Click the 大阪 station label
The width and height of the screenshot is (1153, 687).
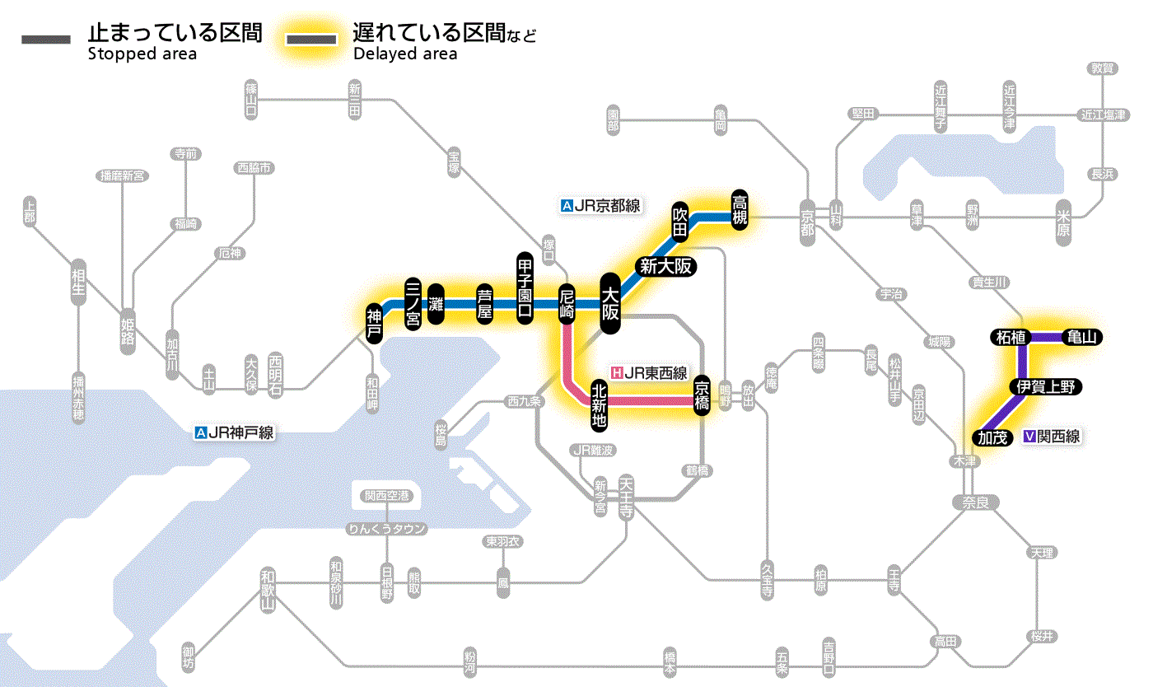pyautogui.click(x=610, y=303)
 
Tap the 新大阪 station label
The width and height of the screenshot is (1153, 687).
pyautogui.click(x=665, y=266)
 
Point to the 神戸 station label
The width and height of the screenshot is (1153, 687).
pyautogui.click(x=375, y=323)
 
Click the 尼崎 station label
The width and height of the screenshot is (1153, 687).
pyautogui.click(x=566, y=304)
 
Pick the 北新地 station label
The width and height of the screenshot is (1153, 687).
pyautogui.click(x=599, y=404)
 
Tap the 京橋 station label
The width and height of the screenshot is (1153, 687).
pyautogui.click(x=703, y=395)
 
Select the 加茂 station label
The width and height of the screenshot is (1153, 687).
pyautogui.click(x=992, y=437)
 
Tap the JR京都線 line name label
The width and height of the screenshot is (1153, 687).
pyautogui.click(x=600, y=206)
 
